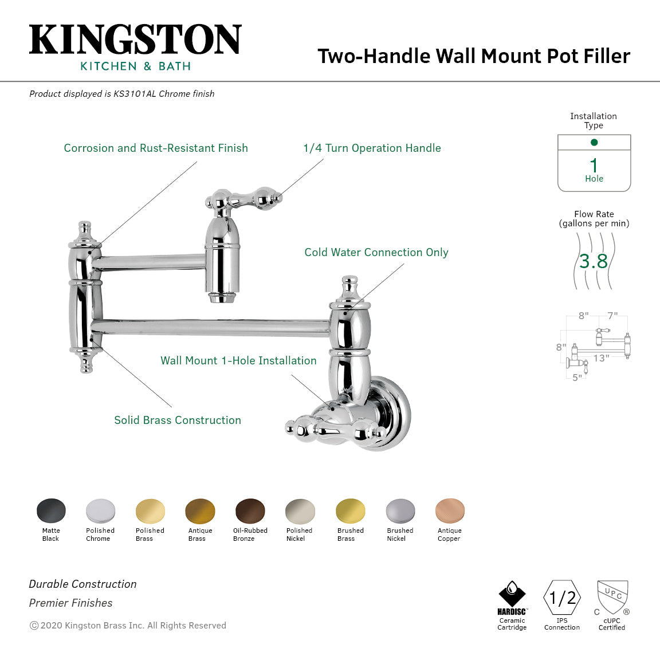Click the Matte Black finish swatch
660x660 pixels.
[x=51, y=510]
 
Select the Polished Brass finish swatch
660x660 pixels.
[x=150, y=510]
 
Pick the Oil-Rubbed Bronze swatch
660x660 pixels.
[x=250, y=510]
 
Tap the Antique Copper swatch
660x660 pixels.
[x=450, y=510]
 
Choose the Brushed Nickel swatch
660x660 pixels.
[x=400, y=510]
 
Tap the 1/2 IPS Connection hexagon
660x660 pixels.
[x=562, y=598]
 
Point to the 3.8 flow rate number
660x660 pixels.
[x=594, y=261]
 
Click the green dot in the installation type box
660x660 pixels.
[x=594, y=142]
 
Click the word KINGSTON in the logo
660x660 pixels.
[x=135, y=40]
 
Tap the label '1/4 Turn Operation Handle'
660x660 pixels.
[x=372, y=148]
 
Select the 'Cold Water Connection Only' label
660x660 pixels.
[x=376, y=252]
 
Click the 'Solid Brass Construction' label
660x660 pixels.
[x=178, y=420]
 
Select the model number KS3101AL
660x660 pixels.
[x=135, y=93]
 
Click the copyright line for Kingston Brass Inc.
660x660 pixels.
[x=128, y=626]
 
